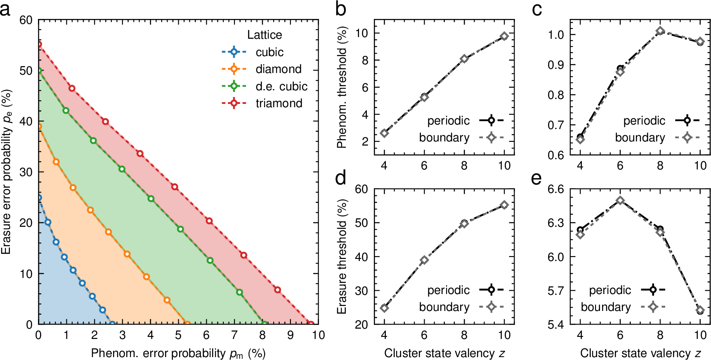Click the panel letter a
5,9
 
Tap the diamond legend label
279,69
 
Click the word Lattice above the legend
265,35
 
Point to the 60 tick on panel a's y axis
26,20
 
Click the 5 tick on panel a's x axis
178,335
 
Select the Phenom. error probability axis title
178,353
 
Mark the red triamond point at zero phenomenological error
39,44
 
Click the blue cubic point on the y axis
39,198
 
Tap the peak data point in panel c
660,31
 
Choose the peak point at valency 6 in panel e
620,200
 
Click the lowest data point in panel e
700,311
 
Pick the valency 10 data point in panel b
504,36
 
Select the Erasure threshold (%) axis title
342,256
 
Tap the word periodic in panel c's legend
644,121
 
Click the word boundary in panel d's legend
444,307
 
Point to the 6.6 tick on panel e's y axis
555,189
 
